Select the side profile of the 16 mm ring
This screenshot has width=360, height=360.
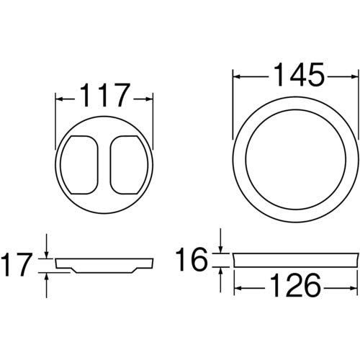tap(295, 258)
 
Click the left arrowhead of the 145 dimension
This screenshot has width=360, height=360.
tap(236, 74)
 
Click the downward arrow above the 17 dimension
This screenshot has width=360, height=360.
tap(46, 253)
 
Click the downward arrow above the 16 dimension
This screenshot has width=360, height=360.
tap(221, 248)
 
